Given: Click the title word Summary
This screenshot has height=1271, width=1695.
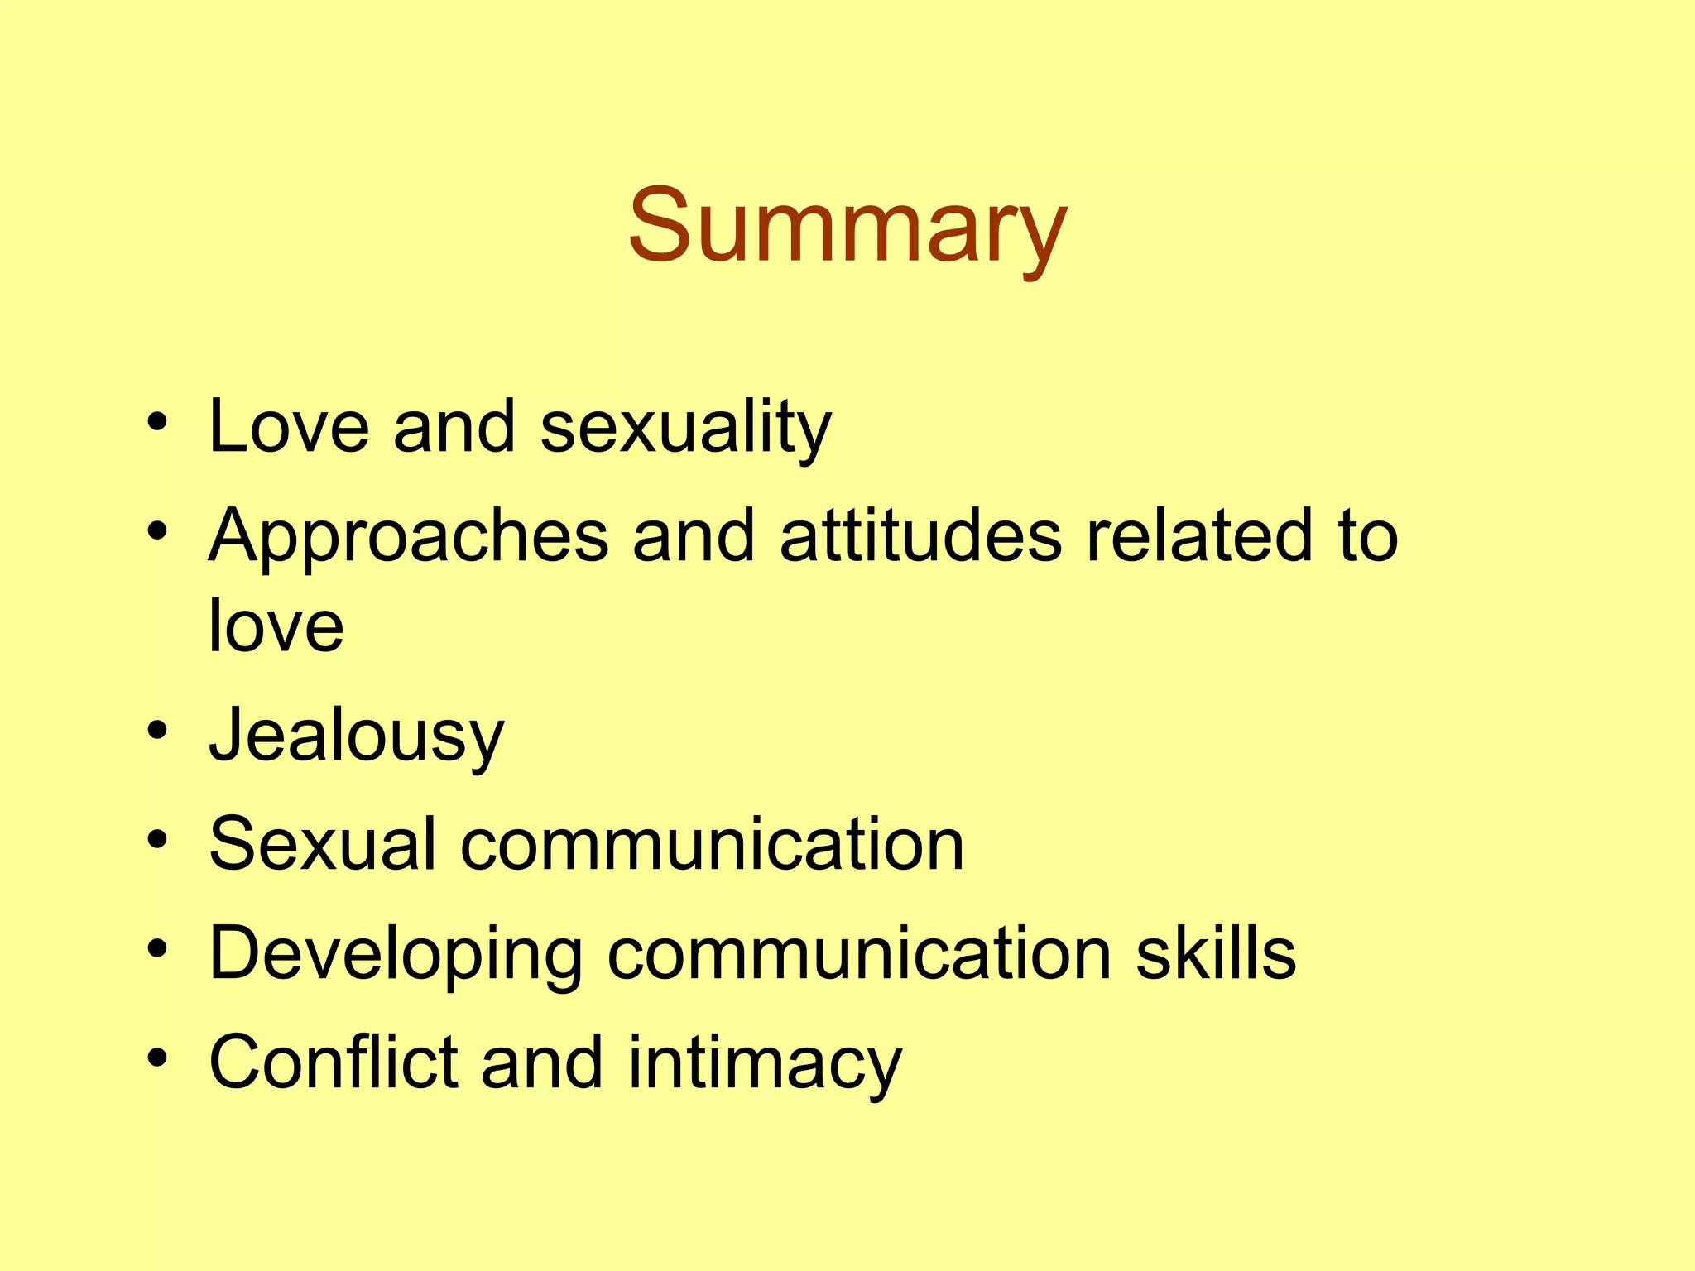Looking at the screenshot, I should click(x=847, y=228).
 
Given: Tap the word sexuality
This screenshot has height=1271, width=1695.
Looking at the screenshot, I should click(x=685, y=429).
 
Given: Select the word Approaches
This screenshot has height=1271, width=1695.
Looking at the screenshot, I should click(x=409, y=538).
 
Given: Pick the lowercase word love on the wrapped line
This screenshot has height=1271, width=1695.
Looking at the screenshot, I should click(x=276, y=626).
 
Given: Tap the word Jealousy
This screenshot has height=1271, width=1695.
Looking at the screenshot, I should click(x=356, y=736).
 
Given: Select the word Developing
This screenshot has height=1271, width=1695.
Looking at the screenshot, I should click(x=396, y=955).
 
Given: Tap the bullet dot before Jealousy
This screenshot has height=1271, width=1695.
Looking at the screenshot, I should click(x=157, y=731).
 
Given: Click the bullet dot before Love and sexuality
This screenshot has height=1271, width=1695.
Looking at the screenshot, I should click(x=157, y=423).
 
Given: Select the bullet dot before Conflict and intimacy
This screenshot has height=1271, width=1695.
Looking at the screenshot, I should click(x=157, y=1058).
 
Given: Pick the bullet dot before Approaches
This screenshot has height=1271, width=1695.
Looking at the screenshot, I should click(x=157, y=532).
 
